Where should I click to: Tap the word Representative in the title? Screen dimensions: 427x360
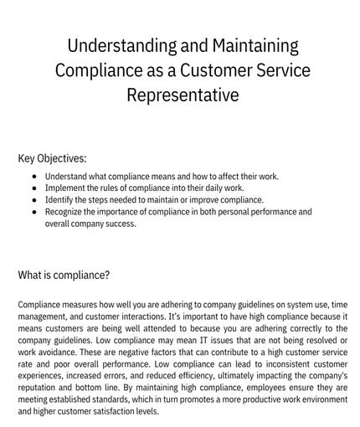pos(183,95)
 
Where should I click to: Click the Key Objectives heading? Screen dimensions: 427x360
pos(52,157)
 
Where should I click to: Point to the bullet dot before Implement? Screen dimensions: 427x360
pos(33,188)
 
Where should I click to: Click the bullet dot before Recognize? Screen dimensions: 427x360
pos(33,212)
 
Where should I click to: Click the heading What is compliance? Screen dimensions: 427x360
pos(64,274)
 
